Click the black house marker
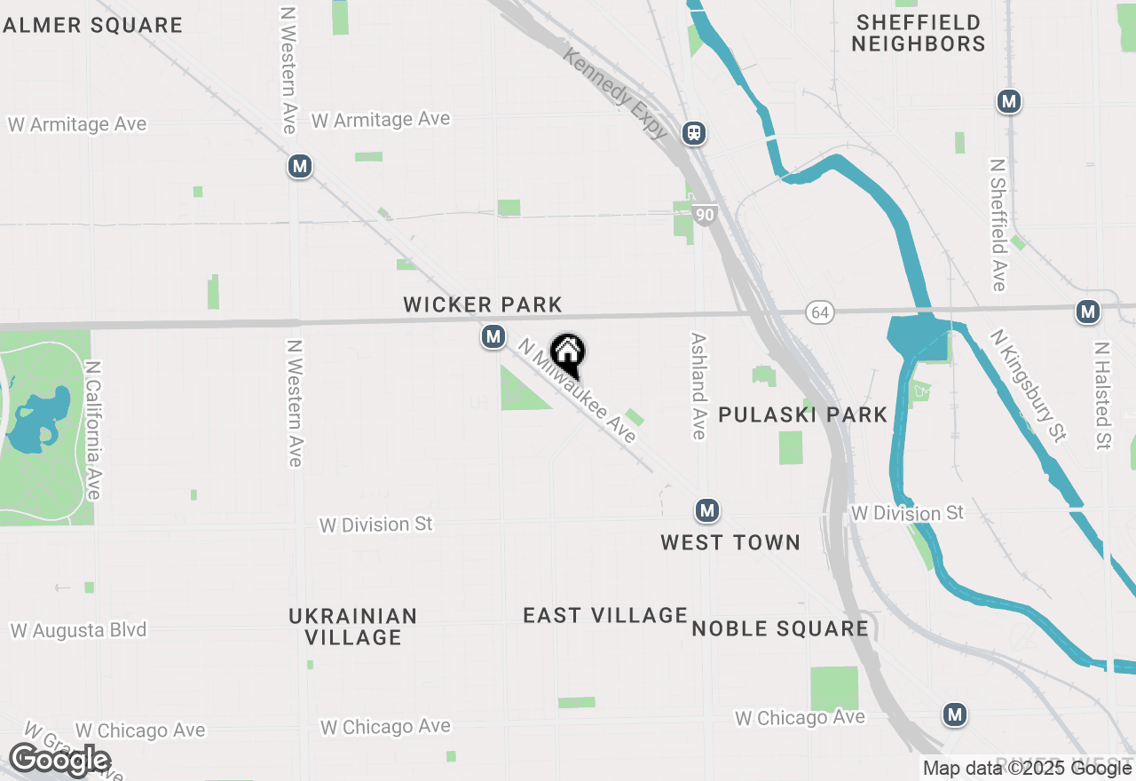coord(567,355)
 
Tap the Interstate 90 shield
coord(705,215)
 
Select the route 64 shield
coord(820,312)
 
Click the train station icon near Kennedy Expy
coord(694,133)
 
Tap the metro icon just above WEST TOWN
coord(707,510)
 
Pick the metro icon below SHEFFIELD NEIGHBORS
coord(1008,101)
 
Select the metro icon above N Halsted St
coord(1088,312)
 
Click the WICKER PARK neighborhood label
coord(483,305)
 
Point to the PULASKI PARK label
coord(802,414)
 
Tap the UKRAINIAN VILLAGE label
coord(353,627)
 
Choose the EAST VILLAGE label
coord(605,615)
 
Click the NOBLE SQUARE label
coord(780,629)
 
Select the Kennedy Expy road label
coord(615,93)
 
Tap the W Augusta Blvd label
coord(79,631)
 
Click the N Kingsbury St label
coord(1029,386)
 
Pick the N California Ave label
coord(94,429)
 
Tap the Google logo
coord(59,760)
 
